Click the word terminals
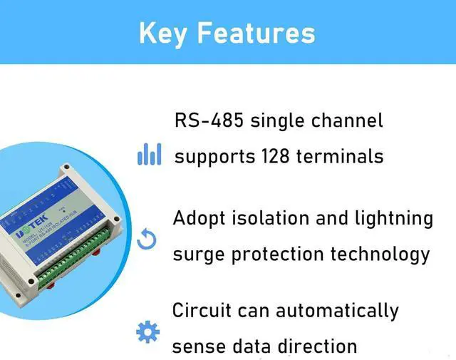[x=344, y=155]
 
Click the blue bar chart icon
[x=149, y=154]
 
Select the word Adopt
[x=199, y=218]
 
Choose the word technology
[x=384, y=254]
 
